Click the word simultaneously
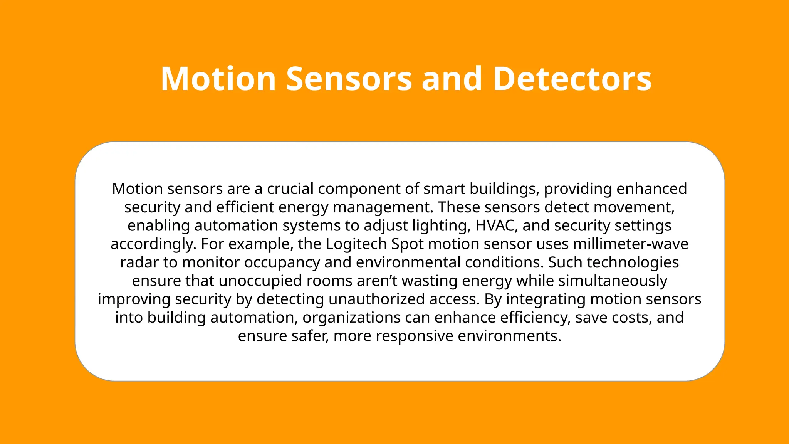613,281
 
